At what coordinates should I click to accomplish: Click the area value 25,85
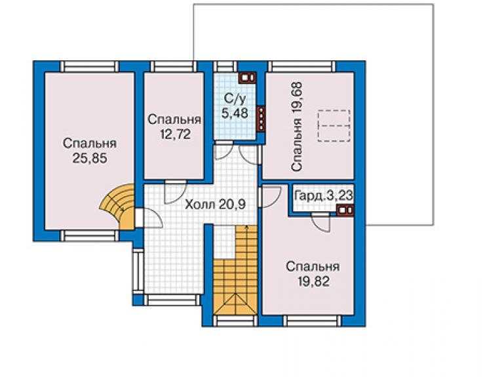[x=90, y=159]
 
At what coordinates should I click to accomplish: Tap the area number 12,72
[x=175, y=134]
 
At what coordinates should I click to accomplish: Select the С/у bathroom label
[x=235, y=99]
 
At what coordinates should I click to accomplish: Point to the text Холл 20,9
[x=215, y=205]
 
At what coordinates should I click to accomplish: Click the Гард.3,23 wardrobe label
[x=324, y=195]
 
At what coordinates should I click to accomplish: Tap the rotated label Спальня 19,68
[x=296, y=127]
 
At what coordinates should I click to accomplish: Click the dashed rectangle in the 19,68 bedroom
[x=334, y=126]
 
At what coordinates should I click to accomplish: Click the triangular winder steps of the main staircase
[x=235, y=305]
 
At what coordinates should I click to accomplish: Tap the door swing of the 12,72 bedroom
[x=175, y=192]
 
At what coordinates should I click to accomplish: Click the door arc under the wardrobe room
[x=320, y=222]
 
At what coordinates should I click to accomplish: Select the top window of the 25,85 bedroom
[x=90, y=66]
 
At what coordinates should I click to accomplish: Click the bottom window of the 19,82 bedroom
[x=313, y=321]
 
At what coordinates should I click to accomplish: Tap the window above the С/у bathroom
[x=225, y=66]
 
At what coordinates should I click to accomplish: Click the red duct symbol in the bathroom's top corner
[x=248, y=77]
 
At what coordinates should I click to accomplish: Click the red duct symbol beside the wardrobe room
[x=345, y=210]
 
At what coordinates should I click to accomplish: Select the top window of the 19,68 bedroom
[x=301, y=66]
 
